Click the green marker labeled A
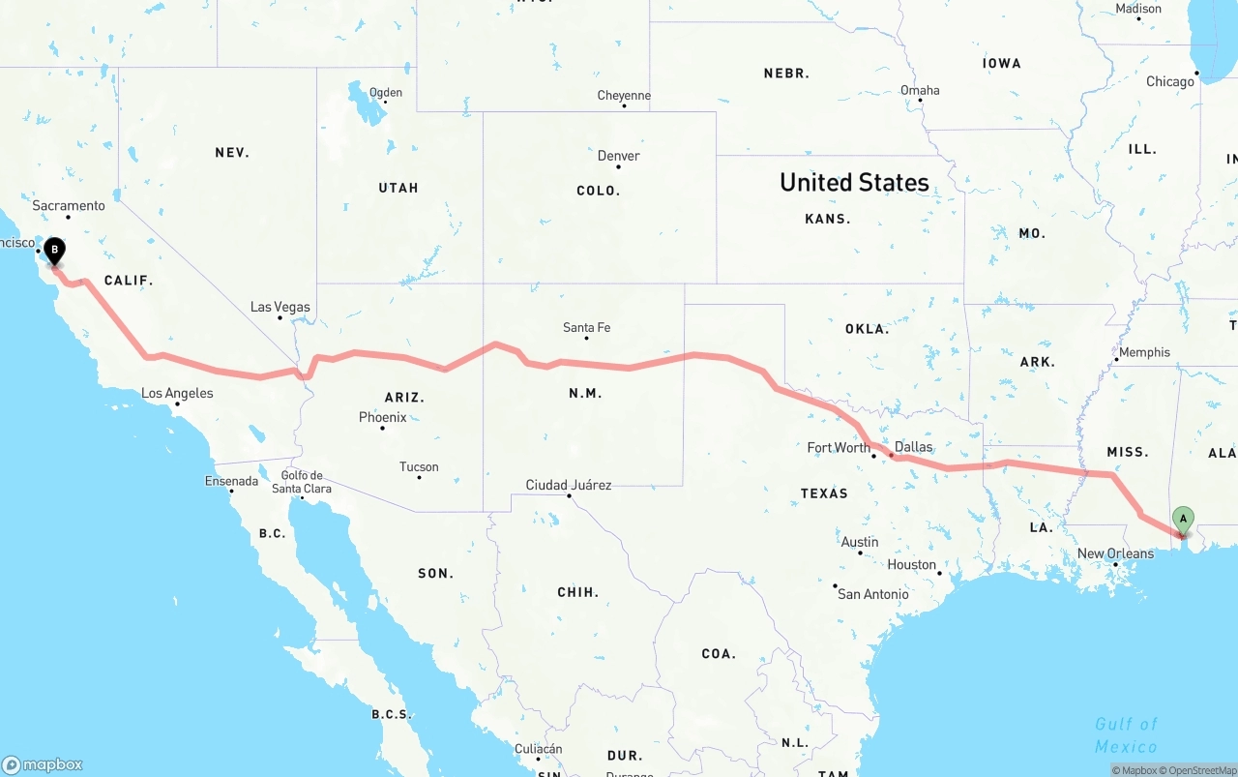click(x=1183, y=520)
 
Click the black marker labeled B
click(x=55, y=251)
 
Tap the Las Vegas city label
click(x=280, y=307)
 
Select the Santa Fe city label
click(x=586, y=328)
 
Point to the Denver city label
click(x=618, y=156)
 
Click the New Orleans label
click(x=1115, y=553)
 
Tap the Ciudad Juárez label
click(x=569, y=485)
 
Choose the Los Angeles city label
click(x=177, y=393)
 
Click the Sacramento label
click(x=69, y=206)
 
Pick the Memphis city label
click(x=1144, y=352)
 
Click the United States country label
click(x=854, y=182)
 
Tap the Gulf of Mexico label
click(x=1126, y=735)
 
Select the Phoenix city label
click(x=383, y=417)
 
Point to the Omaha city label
click(x=920, y=90)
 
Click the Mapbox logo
click(x=42, y=764)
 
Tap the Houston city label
click(x=912, y=564)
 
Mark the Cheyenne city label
click(x=624, y=96)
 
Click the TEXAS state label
click(x=824, y=493)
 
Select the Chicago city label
click(x=1170, y=82)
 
